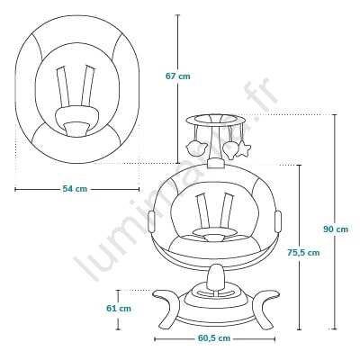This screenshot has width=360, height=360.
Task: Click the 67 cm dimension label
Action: click(x=178, y=76)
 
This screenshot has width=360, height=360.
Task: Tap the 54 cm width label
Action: click(x=75, y=189)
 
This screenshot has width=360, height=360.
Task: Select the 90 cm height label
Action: click(x=336, y=229)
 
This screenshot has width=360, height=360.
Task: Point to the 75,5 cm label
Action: click(x=303, y=253)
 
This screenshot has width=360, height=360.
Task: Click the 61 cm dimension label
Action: click(x=119, y=308)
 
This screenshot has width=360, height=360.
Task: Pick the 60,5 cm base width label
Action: click(x=214, y=338)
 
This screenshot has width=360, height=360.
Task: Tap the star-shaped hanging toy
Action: click(x=243, y=149)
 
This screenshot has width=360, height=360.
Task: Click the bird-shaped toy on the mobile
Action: click(x=197, y=148)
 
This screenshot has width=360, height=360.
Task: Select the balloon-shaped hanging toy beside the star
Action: click(x=230, y=149)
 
